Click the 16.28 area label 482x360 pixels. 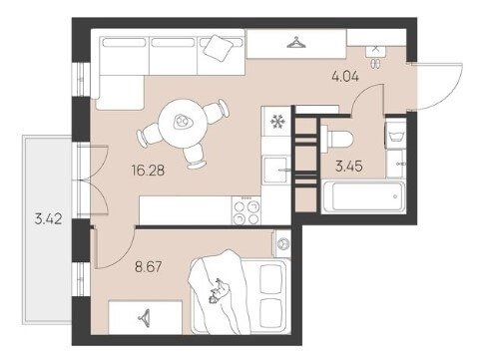[148, 171]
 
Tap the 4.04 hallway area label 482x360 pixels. [345, 77]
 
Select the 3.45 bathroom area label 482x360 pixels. [349, 166]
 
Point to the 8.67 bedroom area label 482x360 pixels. [149, 266]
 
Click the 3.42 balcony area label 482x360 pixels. [48, 219]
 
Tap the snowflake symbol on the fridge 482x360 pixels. [276, 122]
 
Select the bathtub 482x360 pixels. [363, 196]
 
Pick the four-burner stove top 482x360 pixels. [246, 210]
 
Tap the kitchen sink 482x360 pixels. [275, 170]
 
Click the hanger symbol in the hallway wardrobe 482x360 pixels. [296, 43]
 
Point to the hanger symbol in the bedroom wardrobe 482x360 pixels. [144, 317]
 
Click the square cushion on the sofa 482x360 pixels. [219, 48]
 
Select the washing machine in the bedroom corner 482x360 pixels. [282, 243]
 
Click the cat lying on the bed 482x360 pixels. [219, 291]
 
